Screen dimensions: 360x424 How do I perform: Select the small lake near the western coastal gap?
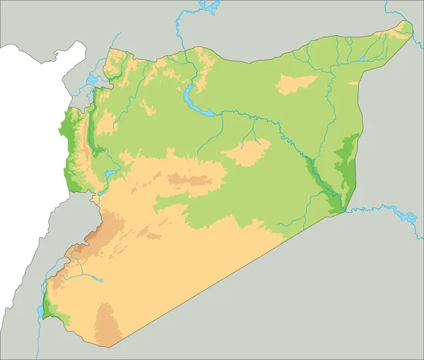tap(110, 173)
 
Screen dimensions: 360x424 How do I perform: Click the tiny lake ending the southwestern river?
tap(100, 280)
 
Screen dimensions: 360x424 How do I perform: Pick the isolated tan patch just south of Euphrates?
tap(246, 152)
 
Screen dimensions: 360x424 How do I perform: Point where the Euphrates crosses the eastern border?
tap(343, 210)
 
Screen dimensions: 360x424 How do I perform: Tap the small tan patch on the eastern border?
tap(353, 83)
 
